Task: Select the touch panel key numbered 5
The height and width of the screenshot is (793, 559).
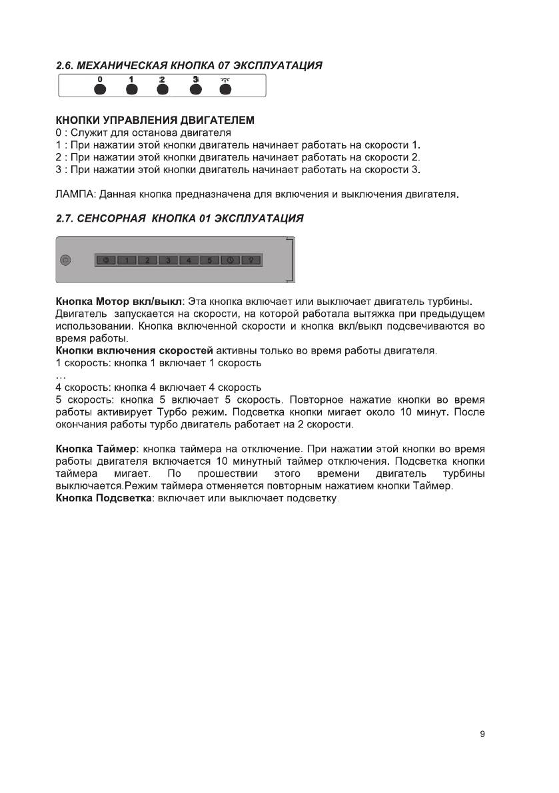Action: (209, 260)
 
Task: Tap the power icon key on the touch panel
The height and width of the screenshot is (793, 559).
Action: (106, 260)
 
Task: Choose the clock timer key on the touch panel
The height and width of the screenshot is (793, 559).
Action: (230, 260)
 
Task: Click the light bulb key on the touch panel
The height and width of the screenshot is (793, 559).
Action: (251, 260)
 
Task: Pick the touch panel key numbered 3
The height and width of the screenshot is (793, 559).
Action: (168, 260)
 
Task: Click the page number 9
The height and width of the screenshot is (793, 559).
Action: (482, 734)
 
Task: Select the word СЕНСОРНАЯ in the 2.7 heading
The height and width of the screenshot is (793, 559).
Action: (112, 218)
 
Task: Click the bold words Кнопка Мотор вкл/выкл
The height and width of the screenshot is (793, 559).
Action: (119, 302)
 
